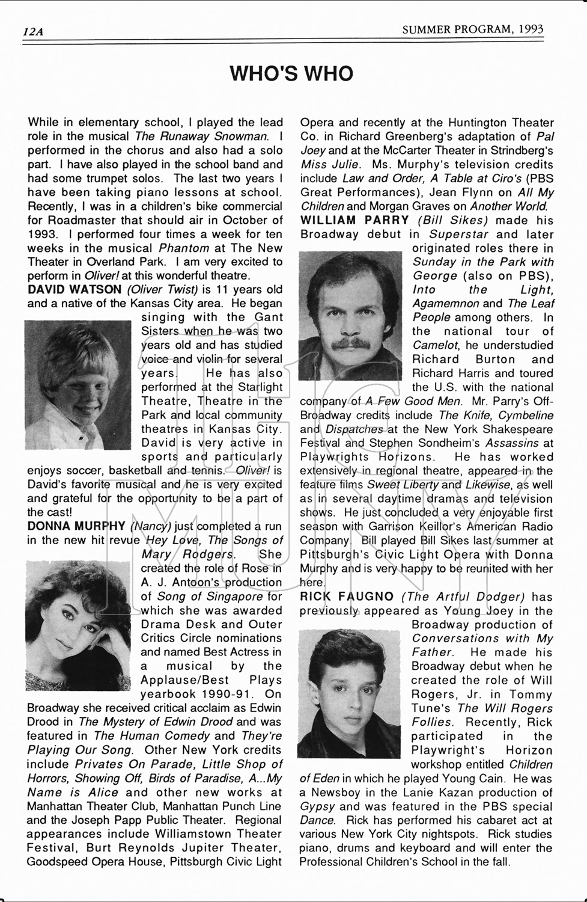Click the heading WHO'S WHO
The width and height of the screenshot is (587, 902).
[292, 74]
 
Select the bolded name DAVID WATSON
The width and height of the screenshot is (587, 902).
[75, 290]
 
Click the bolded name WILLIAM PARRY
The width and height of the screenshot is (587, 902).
[354, 220]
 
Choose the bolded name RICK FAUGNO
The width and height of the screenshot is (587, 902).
[347, 597]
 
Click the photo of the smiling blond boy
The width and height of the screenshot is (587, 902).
[78, 385]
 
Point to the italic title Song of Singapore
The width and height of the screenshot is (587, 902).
[210, 597]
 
